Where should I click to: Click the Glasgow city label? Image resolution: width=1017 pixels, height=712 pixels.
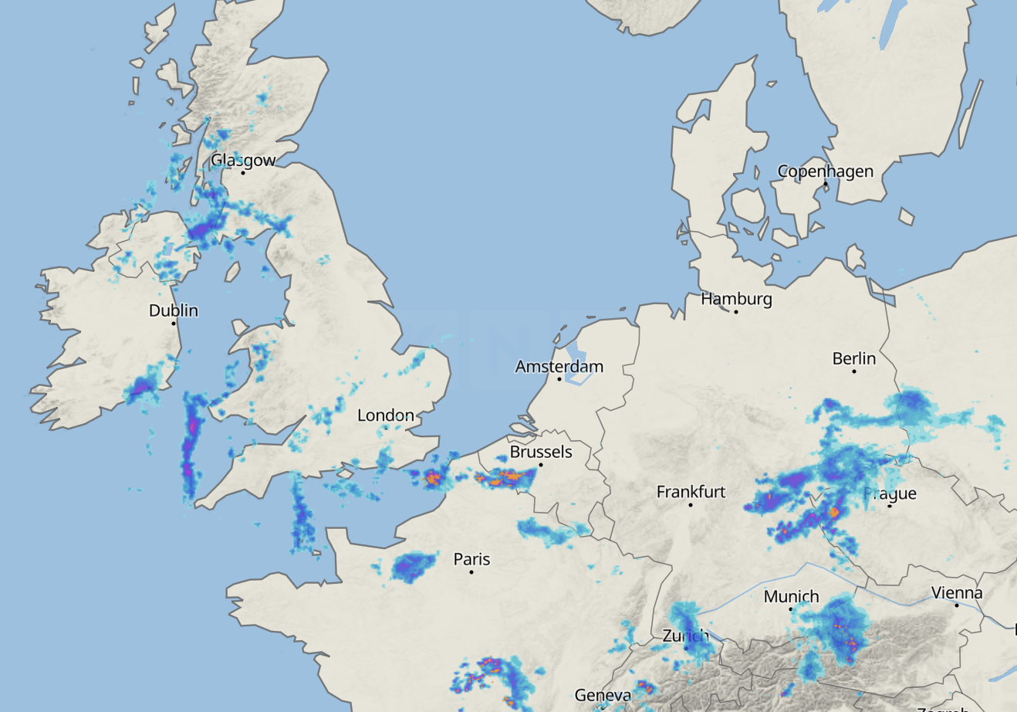click(243, 161)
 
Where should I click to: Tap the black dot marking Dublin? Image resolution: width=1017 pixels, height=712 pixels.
click(174, 323)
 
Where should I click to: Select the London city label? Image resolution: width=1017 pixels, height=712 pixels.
click(385, 415)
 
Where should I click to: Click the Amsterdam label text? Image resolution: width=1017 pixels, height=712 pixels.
click(559, 366)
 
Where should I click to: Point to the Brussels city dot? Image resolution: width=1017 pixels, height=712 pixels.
click(541, 465)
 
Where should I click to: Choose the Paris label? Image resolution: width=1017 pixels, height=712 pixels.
click(471, 558)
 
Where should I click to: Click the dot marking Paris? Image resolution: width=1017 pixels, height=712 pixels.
click(471, 572)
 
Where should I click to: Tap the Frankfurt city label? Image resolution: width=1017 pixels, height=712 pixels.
click(691, 491)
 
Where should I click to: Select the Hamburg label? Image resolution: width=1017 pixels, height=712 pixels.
click(736, 298)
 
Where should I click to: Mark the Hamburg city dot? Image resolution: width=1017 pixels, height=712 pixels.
click(736, 312)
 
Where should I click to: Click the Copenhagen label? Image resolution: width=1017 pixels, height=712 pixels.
click(825, 171)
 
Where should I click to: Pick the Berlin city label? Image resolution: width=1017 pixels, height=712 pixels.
click(854, 358)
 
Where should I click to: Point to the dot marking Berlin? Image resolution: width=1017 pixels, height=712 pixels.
click(854, 371)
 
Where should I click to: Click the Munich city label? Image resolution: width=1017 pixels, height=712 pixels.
click(791, 596)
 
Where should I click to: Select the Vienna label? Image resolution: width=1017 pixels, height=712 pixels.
click(957, 593)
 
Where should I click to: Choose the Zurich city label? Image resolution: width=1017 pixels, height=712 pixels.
click(685, 636)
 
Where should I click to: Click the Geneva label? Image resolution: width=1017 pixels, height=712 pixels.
click(603, 695)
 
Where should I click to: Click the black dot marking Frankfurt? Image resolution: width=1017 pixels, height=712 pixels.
click(691, 505)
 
